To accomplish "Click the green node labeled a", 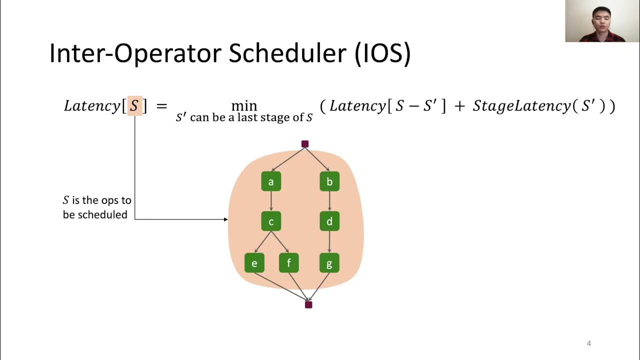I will tap(271, 181).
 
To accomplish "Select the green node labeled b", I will tap(329, 181).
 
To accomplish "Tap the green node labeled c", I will tap(271, 221).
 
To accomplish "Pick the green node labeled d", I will tap(329, 221).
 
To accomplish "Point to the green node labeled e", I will tap(254, 263).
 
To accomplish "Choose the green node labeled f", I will tap(288, 263).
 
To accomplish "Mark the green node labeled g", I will tap(329, 263).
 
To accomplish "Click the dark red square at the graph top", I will tap(305, 144).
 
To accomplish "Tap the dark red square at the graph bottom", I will tap(308, 304).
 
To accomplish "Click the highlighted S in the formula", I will tap(134, 106).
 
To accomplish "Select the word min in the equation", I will tap(244, 106).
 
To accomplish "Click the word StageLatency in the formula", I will tap(521, 106).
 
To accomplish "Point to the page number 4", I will tap(588, 343).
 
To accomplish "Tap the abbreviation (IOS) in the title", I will tap(382, 53).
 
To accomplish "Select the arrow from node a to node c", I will tap(271, 201).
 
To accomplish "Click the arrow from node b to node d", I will tap(329, 201).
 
